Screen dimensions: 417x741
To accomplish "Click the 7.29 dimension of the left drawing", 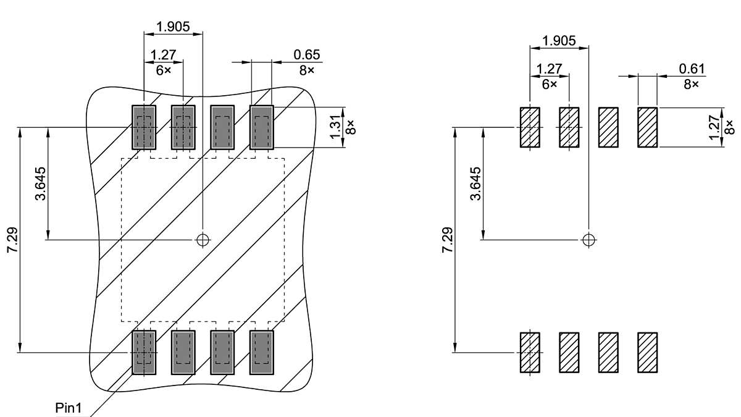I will (x=12, y=240).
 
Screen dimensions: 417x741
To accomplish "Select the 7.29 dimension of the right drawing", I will (x=448, y=240).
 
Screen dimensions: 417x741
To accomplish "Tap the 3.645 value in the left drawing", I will (x=41, y=183).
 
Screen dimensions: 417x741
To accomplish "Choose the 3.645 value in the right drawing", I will (x=475, y=183).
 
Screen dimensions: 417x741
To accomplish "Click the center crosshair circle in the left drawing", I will (x=203, y=240).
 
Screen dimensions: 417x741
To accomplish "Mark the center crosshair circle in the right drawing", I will (x=589, y=239).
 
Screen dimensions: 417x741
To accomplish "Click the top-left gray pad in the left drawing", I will (x=144, y=127).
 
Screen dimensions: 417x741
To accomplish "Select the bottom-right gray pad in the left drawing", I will (x=261, y=352).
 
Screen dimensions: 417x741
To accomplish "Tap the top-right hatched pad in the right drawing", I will (x=647, y=127).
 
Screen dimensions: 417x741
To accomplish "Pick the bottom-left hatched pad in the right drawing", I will (x=530, y=352).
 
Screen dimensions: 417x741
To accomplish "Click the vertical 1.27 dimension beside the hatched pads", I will (x=715, y=127).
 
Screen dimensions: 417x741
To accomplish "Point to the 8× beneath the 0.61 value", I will (x=692, y=83).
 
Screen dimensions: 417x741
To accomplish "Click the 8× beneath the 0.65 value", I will (x=307, y=70).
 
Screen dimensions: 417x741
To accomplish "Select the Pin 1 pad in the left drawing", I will (x=144, y=352).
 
